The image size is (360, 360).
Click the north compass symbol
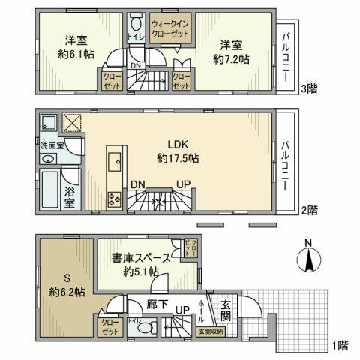[310, 259]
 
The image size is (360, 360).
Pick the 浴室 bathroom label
[70, 196]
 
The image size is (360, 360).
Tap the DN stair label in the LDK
[138, 184]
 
